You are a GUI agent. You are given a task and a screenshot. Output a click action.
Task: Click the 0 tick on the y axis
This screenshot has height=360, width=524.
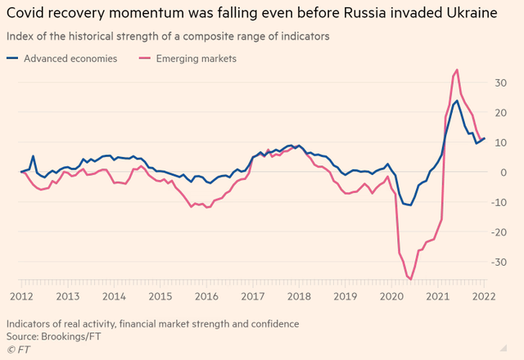[502, 173]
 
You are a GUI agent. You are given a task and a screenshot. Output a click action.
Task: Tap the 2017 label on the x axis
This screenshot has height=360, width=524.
[255, 295]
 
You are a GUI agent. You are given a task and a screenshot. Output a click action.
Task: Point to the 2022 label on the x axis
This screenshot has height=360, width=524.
[485, 295]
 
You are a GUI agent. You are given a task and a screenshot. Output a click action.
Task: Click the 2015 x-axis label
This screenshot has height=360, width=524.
[160, 295]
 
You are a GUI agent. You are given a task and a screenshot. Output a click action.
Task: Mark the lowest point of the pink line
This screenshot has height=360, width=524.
[409, 280]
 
